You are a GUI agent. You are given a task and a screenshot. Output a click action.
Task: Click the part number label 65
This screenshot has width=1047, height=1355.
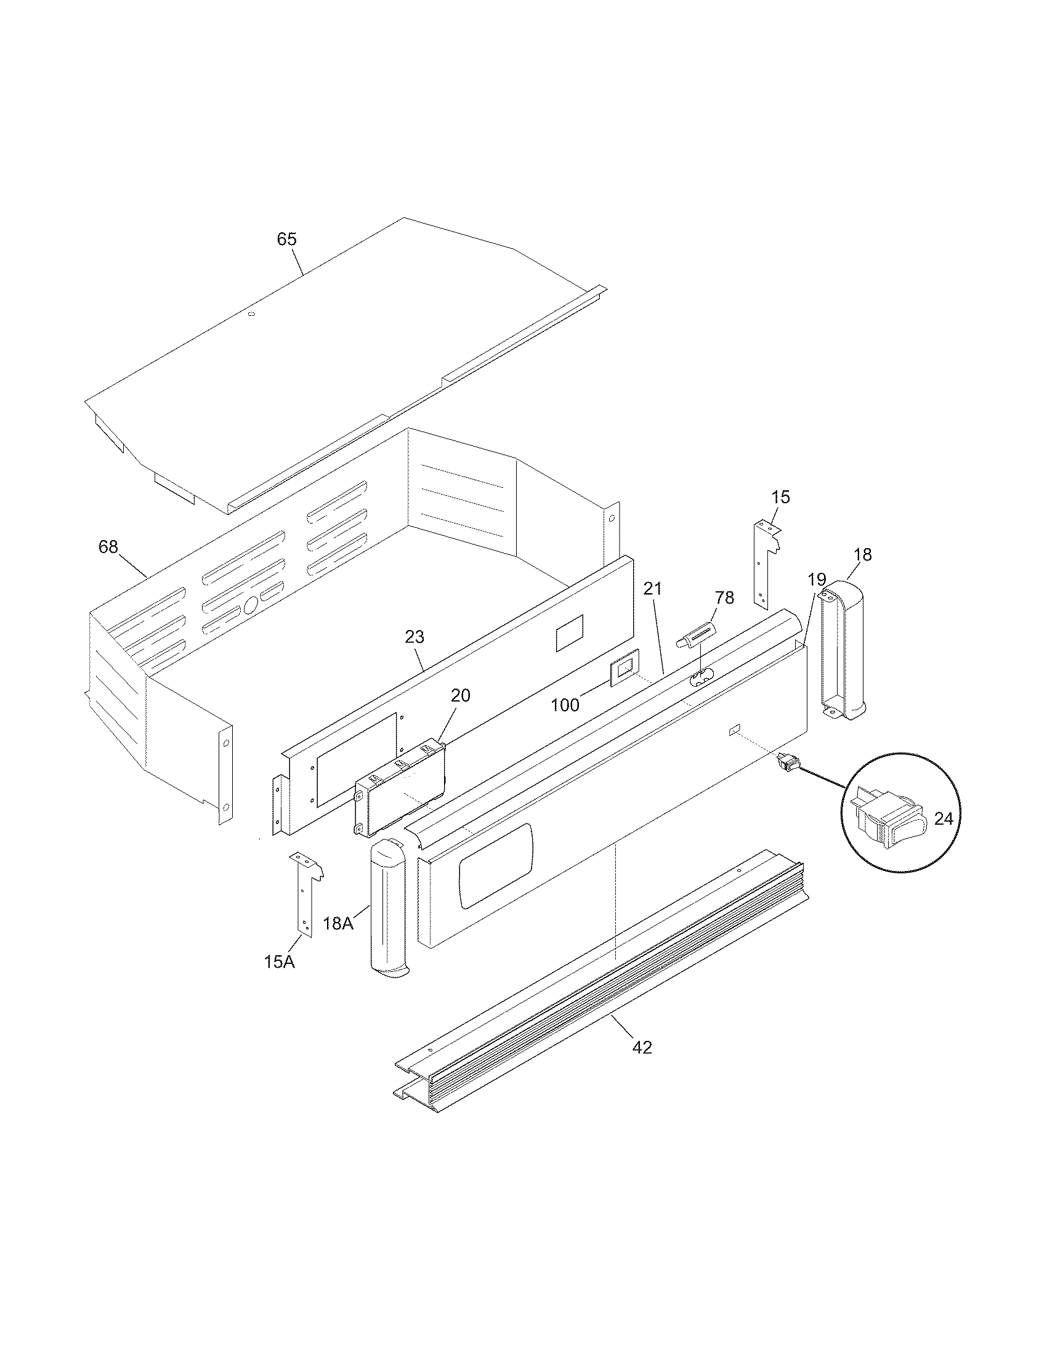(286, 239)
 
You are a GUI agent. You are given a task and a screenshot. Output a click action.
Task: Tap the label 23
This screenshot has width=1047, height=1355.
(414, 637)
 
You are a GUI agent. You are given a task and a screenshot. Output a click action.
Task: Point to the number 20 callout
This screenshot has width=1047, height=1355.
(460, 695)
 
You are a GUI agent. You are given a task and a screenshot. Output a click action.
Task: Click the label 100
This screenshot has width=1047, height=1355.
(565, 705)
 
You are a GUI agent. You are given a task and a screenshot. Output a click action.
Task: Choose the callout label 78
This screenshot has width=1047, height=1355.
(724, 597)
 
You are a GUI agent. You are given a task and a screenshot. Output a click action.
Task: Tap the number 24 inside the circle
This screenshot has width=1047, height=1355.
(943, 819)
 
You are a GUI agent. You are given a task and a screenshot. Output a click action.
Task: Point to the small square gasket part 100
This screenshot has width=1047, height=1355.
(624, 667)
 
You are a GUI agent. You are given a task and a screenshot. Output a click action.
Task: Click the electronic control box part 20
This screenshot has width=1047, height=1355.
(400, 788)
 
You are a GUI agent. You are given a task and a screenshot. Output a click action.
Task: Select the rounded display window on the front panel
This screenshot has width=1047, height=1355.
(496, 865)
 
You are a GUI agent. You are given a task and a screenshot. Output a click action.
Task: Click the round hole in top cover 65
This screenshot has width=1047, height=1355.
(251, 314)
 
